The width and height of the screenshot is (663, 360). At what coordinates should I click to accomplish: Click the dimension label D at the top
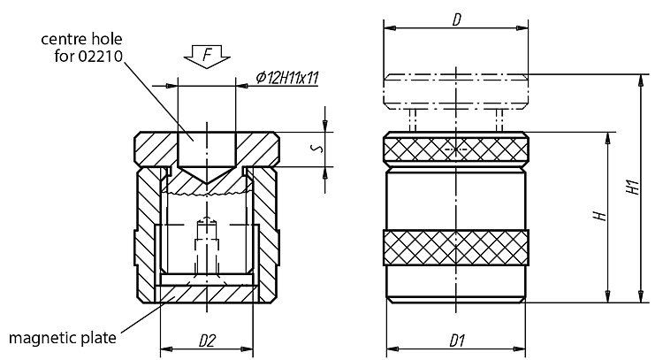[456, 19]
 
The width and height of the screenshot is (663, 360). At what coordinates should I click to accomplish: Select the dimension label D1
[457, 341]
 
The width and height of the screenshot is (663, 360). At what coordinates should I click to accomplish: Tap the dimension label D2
[207, 341]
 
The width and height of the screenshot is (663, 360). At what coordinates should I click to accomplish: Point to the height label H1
[633, 187]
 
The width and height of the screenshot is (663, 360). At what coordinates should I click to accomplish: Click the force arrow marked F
[207, 57]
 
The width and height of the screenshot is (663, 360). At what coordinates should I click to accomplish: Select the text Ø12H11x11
[287, 78]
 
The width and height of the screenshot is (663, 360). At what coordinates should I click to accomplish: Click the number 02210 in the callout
[100, 56]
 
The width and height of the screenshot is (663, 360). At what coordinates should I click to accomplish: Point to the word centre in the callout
[62, 39]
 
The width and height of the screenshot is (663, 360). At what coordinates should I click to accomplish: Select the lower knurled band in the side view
[456, 248]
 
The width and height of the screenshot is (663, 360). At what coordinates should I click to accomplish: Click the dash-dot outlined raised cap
[456, 92]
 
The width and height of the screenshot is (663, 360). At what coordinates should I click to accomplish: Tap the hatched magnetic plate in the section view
[207, 294]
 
